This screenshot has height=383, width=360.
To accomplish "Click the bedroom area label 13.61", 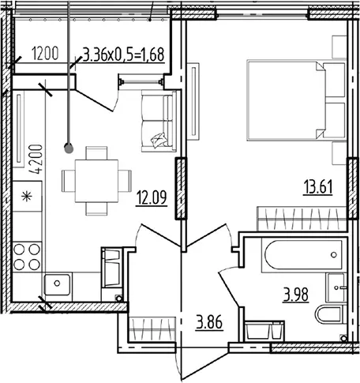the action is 318,187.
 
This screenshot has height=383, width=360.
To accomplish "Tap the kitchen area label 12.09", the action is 152,197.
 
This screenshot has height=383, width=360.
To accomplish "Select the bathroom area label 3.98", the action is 296,295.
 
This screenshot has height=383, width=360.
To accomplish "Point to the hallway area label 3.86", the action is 209,322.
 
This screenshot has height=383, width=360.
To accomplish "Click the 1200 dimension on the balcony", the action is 45,54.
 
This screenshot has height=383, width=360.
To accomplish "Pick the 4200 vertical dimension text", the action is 36,159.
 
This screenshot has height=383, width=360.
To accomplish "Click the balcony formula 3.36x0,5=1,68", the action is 124,54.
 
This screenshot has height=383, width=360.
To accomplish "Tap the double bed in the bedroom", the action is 296,100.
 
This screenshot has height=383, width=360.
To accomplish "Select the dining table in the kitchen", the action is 96,181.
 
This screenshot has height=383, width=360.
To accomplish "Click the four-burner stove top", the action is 27,257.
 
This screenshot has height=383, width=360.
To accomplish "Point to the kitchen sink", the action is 57,284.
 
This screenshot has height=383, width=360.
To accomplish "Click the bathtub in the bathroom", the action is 302,255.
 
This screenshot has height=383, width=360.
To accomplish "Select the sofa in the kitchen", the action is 159,121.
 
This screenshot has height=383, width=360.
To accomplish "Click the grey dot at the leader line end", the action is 69,148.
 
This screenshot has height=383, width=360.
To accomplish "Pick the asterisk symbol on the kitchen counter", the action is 27,197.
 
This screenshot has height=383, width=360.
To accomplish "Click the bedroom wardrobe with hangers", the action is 302,219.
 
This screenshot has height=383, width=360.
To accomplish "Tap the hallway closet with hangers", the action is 152,329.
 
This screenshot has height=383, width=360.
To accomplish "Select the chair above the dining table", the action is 96,153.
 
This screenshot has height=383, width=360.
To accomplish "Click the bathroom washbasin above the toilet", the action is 336,287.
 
